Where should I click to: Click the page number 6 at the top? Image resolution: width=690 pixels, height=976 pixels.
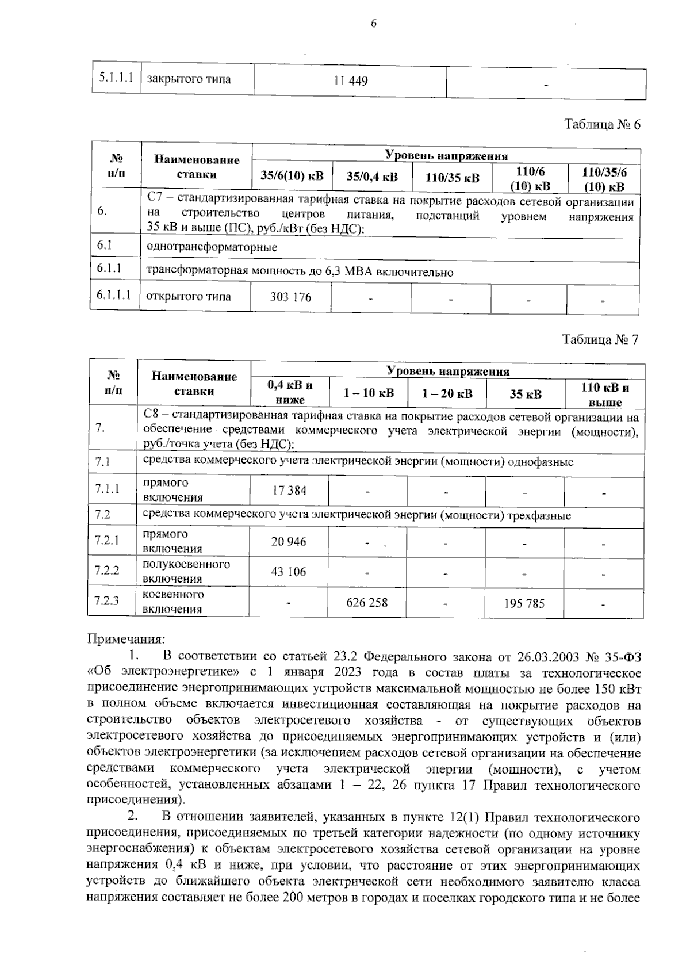[373, 24]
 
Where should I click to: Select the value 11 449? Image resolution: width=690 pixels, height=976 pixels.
[351, 81]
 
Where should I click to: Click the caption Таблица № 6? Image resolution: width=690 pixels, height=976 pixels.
[602, 125]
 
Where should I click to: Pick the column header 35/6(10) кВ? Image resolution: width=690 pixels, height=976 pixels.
[292, 177]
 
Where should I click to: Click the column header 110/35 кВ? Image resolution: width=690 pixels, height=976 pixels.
[452, 177]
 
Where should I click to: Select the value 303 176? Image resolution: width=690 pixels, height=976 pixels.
[291, 297]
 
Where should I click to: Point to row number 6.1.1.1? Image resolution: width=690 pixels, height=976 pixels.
[114, 296]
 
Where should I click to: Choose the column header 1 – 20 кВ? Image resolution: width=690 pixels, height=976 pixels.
[447, 393]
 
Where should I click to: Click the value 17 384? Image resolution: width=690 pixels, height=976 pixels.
[289, 491]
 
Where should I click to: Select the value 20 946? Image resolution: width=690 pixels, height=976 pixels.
[289, 542]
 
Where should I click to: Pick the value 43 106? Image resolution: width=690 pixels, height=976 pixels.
[289, 572]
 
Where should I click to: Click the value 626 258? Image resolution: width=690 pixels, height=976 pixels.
[367, 602]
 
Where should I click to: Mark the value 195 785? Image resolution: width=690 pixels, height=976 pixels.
[524, 603]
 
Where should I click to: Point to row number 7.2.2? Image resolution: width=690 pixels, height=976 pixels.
[108, 571]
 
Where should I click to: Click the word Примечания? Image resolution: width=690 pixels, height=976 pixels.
[125, 639]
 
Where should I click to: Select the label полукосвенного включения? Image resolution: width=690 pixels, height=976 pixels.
[186, 571]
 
